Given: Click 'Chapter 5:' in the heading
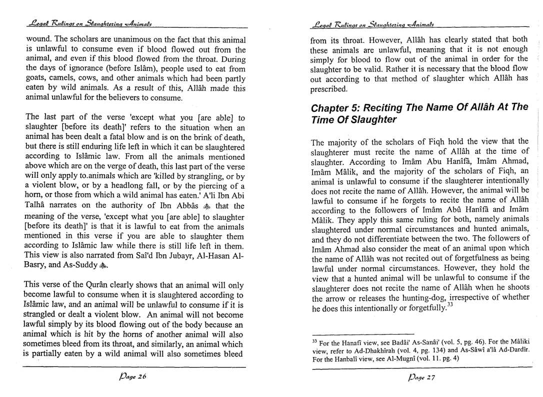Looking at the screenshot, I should click(x=333, y=108).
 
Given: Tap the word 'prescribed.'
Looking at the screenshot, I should click(x=328, y=89).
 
